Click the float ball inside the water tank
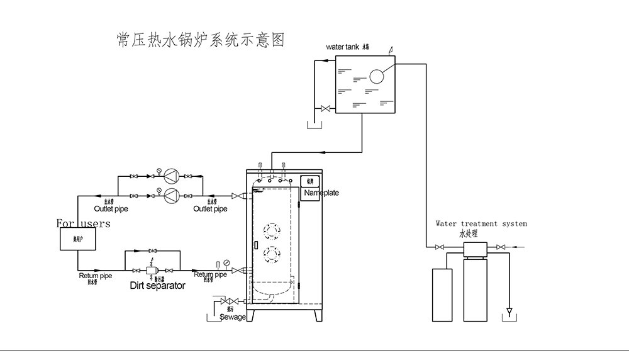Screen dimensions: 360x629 (377, 76)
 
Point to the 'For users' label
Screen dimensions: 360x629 (83, 223)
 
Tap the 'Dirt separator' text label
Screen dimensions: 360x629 (157, 286)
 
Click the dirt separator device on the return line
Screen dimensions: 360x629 (152, 271)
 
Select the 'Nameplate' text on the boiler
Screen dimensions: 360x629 (321, 193)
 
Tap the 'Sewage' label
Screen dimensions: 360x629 (233, 317)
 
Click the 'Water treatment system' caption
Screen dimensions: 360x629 (481, 223)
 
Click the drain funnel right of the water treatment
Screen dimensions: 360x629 (509, 312)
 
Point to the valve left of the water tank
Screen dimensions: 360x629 (325, 110)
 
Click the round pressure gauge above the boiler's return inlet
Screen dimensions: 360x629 (226, 262)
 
